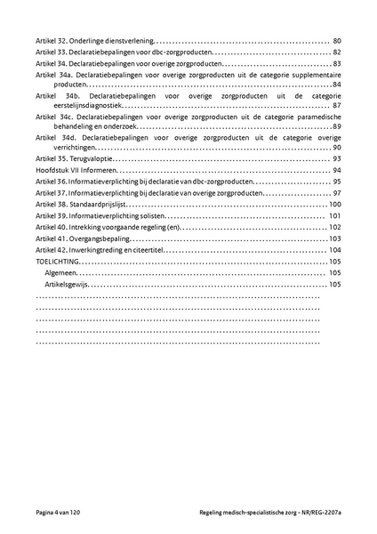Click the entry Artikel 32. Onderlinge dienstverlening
tap(94, 41)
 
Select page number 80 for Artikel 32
tap(337, 41)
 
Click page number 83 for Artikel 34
tap(337, 64)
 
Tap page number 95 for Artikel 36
tap(337, 181)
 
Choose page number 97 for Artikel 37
tap(337, 192)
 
